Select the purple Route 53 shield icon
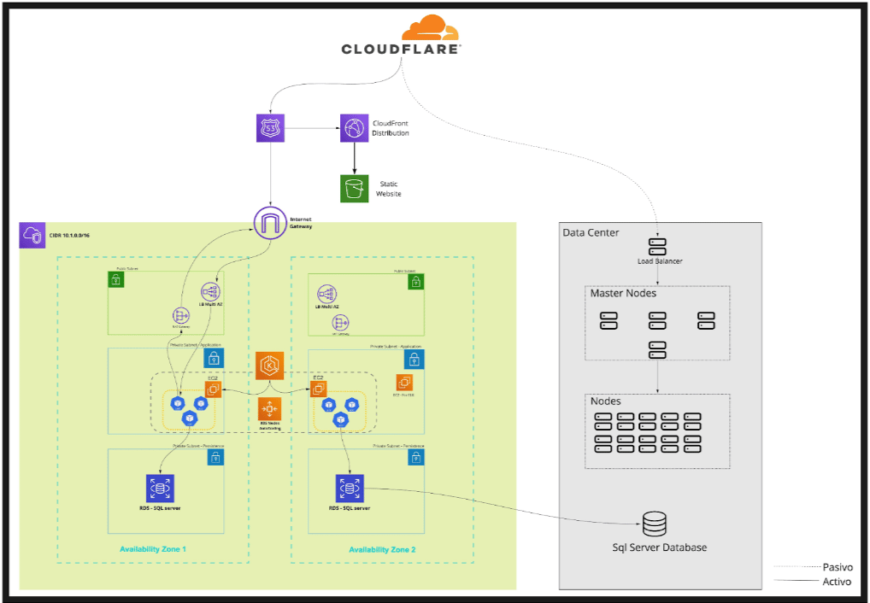tap(270, 129)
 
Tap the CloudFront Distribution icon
tap(354, 128)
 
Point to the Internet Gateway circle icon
tap(271, 223)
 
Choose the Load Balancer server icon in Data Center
tap(657, 246)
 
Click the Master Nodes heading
tap(623, 294)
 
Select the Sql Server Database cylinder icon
tap(655, 524)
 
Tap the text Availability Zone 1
tap(153, 549)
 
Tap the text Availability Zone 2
tap(382, 549)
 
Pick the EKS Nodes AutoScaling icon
tap(271, 408)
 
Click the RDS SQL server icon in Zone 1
tap(160, 489)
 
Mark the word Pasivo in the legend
tap(837, 567)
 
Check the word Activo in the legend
tap(837, 583)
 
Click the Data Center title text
tap(591, 233)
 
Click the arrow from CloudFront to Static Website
tap(354, 157)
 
